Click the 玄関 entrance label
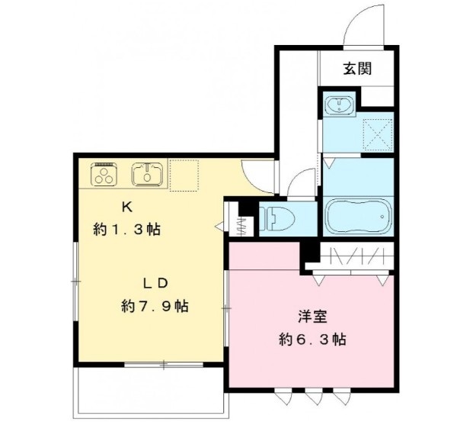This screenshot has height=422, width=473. [356, 69]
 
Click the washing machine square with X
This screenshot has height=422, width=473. [377, 135]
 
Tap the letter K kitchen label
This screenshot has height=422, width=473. [127, 207]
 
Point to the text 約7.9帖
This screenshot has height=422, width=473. [155, 306]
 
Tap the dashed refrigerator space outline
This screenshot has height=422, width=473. [184, 175]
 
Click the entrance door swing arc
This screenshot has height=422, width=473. [361, 24]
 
